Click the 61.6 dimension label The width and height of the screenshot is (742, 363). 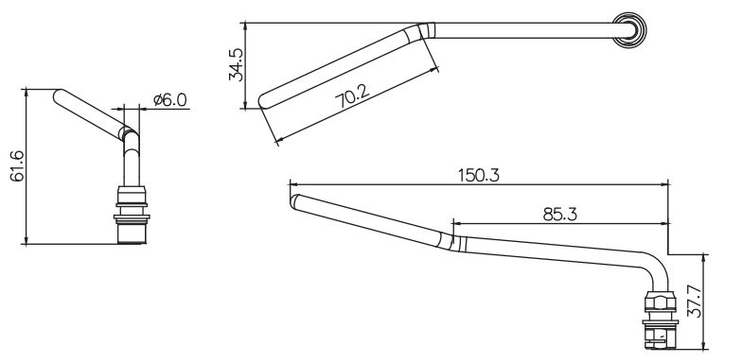click(17, 166)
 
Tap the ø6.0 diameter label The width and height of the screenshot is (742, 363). click(170, 100)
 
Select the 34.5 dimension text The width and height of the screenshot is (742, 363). click(237, 64)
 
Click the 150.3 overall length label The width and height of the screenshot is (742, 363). click(479, 176)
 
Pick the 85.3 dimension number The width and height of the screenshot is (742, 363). click(560, 215)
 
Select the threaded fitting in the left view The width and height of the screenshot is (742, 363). click(132, 216)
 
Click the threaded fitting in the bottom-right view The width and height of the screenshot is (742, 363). click(661, 320)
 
